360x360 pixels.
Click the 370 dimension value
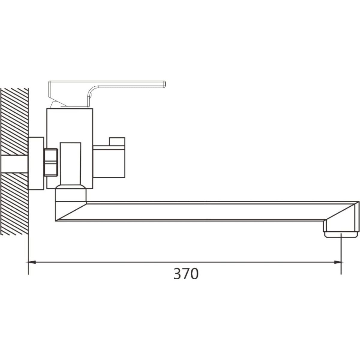click(x=186, y=274)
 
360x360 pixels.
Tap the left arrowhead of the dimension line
click(x=32, y=262)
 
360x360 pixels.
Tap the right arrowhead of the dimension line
click(x=337, y=262)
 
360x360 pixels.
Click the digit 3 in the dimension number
click(x=177, y=274)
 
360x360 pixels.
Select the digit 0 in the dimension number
click(x=194, y=274)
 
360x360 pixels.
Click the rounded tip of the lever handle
click(x=164, y=84)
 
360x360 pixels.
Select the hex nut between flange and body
click(x=51, y=162)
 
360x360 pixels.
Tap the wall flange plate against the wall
click(x=36, y=163)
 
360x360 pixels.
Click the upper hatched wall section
click(x=14, y=121)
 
